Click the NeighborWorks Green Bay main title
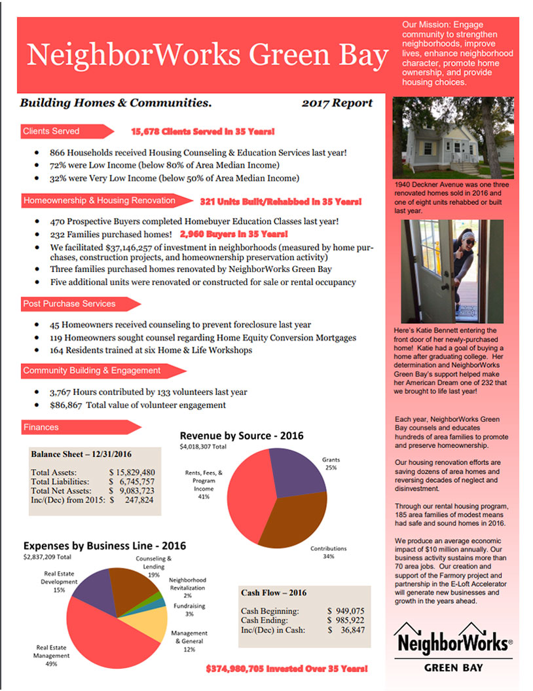[x=208, y=56]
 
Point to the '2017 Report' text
[x=337, y=103]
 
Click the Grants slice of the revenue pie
[x=296, y=470]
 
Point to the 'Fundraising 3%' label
[x=189, y=610]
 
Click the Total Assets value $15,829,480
[x=132, y=472]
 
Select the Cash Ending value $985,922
[x=345, y=620]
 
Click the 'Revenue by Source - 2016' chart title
[x=242, y=436]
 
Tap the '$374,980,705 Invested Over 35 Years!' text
[x=286, y=669]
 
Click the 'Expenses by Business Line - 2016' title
[x=105, y=546]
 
